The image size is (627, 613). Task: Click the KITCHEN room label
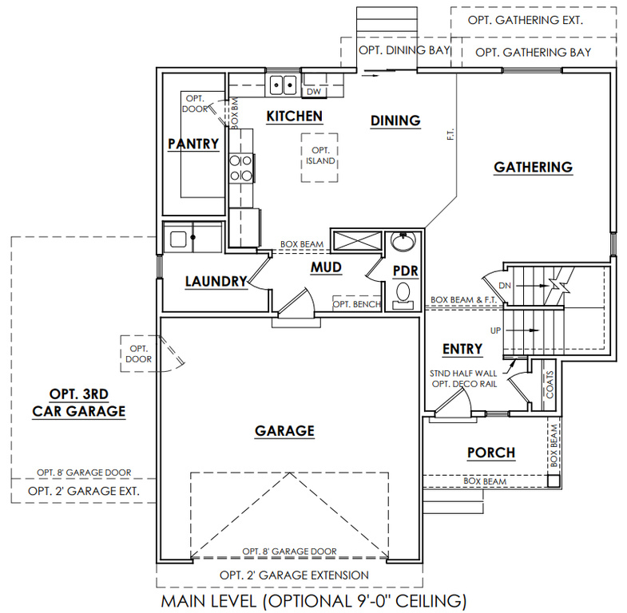point(294,117)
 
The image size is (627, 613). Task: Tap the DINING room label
point(395,121)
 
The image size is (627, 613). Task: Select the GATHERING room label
point(533,167)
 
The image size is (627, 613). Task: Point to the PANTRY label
point(193,144)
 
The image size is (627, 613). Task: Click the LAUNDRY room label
point(216,281)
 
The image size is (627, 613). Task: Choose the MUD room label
point(327,267)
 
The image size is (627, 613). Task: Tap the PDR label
point(405,271)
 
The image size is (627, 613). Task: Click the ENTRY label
point(462,349)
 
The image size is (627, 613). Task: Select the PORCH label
point(491,453)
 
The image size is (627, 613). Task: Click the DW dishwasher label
point(314,92)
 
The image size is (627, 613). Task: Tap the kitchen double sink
point(283,85)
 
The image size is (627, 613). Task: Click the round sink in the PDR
point(403,242)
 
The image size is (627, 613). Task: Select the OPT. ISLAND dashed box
point(319,157)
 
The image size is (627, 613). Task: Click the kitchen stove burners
point(240,168)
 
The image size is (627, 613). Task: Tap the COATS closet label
point(550,385)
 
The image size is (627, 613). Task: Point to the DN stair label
point(505,286)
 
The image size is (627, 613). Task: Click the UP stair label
point(495,330)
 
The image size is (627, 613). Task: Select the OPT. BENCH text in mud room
point(357,304)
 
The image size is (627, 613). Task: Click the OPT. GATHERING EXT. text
point(525,20)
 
